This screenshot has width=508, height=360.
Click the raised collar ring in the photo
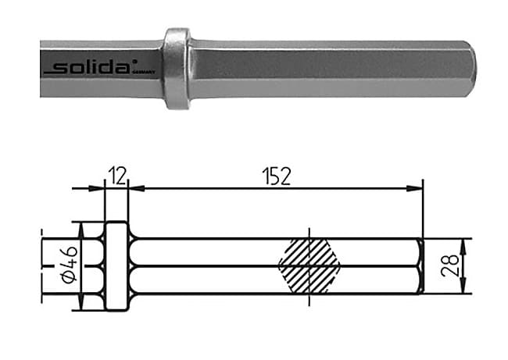(x=177, y=69)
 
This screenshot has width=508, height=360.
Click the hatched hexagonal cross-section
(x=311, y=266)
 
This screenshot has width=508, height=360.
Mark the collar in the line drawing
(x=116, y=266)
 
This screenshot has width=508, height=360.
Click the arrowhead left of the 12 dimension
(x=99, y=188)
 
